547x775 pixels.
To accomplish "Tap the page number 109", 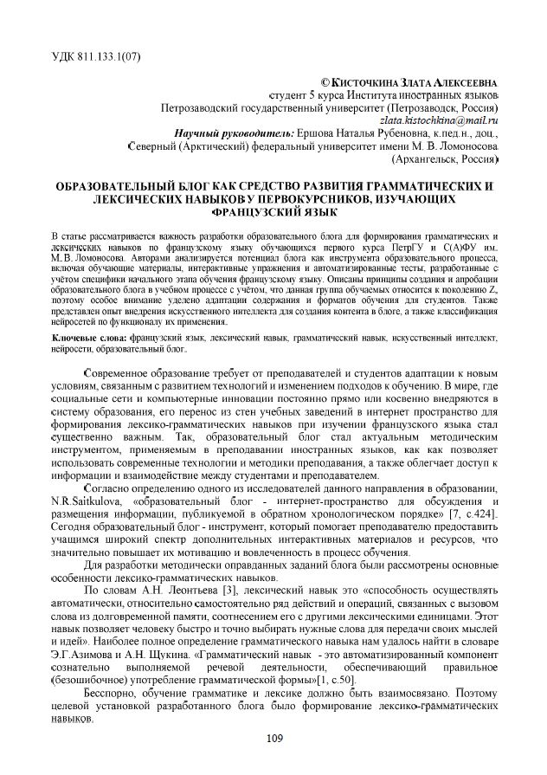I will (274, 736).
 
